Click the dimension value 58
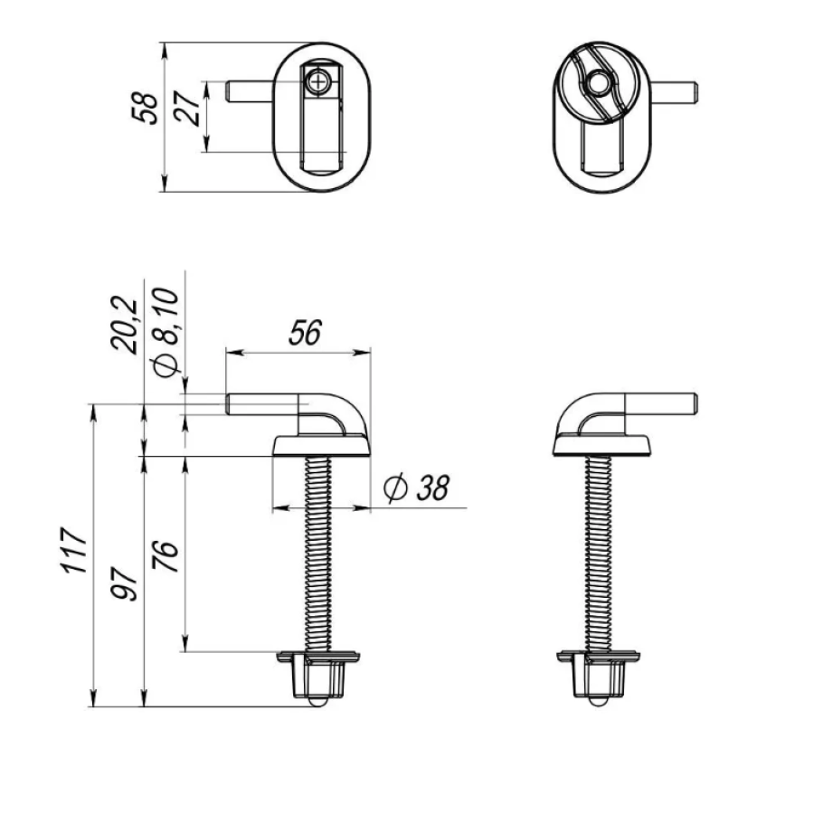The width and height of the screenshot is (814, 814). (146, 109)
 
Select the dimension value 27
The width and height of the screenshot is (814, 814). (187, 109)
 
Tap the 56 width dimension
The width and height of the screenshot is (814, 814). (305, 333)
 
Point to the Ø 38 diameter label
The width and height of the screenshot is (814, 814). (416, 488)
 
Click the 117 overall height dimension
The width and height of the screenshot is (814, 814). (73, 550)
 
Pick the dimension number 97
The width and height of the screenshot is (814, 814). (125, 584)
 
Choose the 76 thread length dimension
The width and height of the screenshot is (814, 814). (166, 556)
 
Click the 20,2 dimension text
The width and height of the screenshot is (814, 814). (125, 326)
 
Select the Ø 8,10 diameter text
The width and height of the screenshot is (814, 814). (166, 332)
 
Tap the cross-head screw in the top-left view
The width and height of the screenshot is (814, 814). (317, 82)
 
